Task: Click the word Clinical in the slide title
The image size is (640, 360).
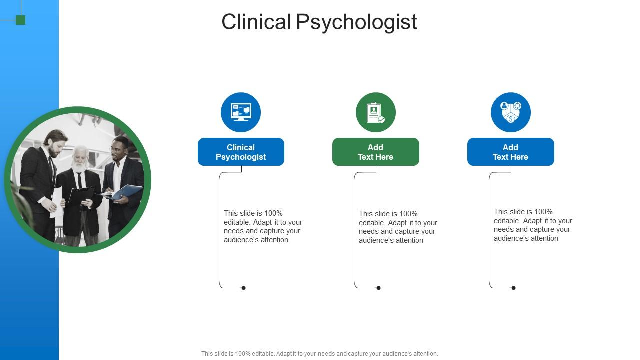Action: tap(256, 22)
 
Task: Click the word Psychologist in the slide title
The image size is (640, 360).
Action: tap(356, 22)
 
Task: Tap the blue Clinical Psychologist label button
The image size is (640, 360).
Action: tap(241, 152)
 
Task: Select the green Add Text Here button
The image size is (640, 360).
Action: tap(375, 152)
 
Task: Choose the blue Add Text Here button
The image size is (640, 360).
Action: tap(510, 152)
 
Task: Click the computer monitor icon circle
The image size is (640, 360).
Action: tap(241, 112)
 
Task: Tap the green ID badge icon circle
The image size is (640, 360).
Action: tap(375, 112)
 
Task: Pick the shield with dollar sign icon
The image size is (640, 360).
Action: tap(510, 112)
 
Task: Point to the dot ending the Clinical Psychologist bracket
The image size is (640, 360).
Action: tap(244, 288)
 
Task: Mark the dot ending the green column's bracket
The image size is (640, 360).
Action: tap(379, 288)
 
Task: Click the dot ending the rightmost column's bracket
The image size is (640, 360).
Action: tap(513, 288)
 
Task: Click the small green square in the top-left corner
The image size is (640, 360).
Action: tap(20, 20)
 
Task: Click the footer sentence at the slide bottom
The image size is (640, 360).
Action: tap(319, 354)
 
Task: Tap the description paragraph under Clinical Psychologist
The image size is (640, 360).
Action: tap(263, 226)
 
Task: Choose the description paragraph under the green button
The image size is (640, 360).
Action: tap(398, 227)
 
